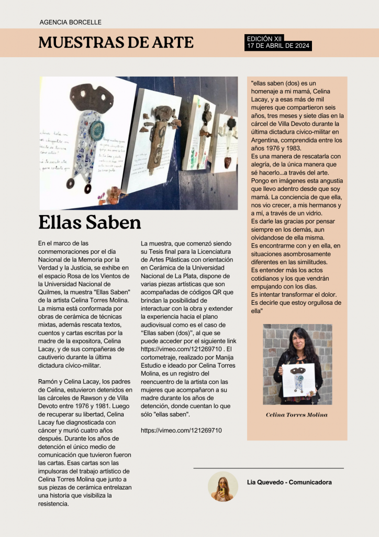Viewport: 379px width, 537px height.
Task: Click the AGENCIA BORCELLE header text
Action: point(70,23)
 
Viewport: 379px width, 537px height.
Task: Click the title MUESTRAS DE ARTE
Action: point(116,42)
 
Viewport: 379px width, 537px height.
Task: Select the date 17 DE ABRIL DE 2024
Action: point(278,46)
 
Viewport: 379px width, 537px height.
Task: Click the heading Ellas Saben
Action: point(90,222)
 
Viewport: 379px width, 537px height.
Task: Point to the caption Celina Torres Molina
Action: point(297,415)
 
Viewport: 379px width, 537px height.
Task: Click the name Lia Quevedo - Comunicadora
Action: point(289,482)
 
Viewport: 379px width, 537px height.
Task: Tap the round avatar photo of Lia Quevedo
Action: point(223,486)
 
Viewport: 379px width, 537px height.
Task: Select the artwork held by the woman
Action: point(299,380)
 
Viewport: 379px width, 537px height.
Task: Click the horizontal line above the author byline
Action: point(268,468)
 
